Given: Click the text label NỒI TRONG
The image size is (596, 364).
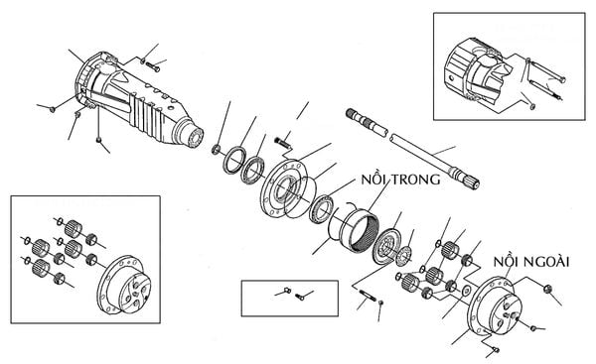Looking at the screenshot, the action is (401, 179).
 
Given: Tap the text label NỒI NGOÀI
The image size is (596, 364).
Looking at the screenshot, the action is (531, 262).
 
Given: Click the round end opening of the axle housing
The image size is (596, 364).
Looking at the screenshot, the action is (197, 138).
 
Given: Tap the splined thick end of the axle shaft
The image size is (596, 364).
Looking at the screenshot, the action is (465, 178).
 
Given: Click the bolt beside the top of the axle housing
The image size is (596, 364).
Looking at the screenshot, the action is (153, 67).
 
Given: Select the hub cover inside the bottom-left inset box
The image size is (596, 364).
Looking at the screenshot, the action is (124, 285).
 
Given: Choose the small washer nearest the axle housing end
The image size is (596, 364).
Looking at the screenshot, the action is (216, 150).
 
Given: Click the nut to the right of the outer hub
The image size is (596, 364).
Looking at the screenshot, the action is (547, 289).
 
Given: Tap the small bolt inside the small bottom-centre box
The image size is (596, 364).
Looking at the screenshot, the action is (300, 297).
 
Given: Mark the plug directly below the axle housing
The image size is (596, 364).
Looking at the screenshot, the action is (98, 141).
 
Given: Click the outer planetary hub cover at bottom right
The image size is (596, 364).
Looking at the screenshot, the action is (494, 306).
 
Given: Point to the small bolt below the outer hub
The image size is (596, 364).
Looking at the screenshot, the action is (495, 350).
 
